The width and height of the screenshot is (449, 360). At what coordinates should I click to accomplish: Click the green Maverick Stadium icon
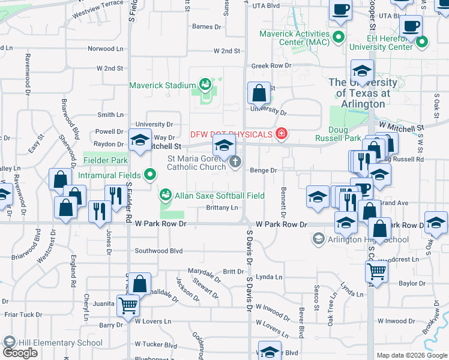[x=205, y=85]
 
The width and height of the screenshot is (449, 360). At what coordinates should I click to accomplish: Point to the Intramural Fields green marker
[x=149, y=175]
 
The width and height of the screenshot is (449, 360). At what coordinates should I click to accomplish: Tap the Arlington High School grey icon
[x=318, y=239]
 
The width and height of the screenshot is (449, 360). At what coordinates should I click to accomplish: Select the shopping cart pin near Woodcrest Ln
[x=376, y=271]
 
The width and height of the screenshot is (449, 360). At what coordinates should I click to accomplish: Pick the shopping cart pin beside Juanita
[x=128, y=305]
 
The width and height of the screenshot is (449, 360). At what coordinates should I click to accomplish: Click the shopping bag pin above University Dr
[x=259, y=93]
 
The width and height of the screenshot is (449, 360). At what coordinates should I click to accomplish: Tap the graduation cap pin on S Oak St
[x=436, y=221]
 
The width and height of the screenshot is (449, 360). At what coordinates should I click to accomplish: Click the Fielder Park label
[x=106, y=161]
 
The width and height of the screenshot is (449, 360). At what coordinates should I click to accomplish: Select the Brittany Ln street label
[x=222, y=208]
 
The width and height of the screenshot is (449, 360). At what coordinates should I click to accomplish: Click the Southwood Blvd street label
[x=158, y=251]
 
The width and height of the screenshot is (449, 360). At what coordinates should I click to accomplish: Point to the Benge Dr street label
[x=264, y=170]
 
